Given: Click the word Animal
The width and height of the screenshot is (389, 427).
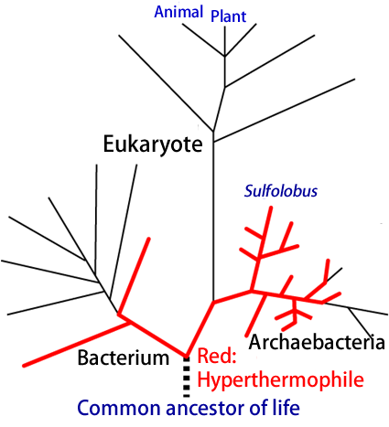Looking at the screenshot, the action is (x=178, y=12).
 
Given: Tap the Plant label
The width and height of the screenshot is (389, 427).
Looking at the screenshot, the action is (x=228, y=16).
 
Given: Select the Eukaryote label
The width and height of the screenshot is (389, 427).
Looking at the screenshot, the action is (x=153, y=144).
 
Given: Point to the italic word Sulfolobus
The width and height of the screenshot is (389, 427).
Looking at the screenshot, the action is (x=281, y=191).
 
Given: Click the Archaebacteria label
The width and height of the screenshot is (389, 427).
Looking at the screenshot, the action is (x=317, y=342).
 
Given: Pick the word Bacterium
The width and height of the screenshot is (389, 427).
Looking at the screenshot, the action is (x=124, y=358).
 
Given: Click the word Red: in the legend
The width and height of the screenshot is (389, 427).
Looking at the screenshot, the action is (x=217, y=356).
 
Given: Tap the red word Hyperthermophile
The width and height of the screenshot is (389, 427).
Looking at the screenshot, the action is (x=281, y=379).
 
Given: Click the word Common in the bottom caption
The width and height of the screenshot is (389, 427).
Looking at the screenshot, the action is (x=119, y=408).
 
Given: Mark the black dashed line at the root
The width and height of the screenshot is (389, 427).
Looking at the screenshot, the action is (x=187, y=377).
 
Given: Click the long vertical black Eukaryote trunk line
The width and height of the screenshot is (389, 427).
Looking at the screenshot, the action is (x=213, y=216).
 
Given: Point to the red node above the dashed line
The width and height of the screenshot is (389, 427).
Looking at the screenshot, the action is (x=186, y=355).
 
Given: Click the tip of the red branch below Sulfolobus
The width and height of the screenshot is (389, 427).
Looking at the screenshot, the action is (x=271, y=208).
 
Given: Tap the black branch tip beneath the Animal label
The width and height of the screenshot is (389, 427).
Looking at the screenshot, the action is (x=182, y=24).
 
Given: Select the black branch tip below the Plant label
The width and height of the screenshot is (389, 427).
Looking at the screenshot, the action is (x=225, y=27).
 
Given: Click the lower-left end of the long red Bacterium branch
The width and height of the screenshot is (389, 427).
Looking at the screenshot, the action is (x=25, y=365).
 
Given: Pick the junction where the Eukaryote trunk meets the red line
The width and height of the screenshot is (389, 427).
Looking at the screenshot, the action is (x=213, y=302).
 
